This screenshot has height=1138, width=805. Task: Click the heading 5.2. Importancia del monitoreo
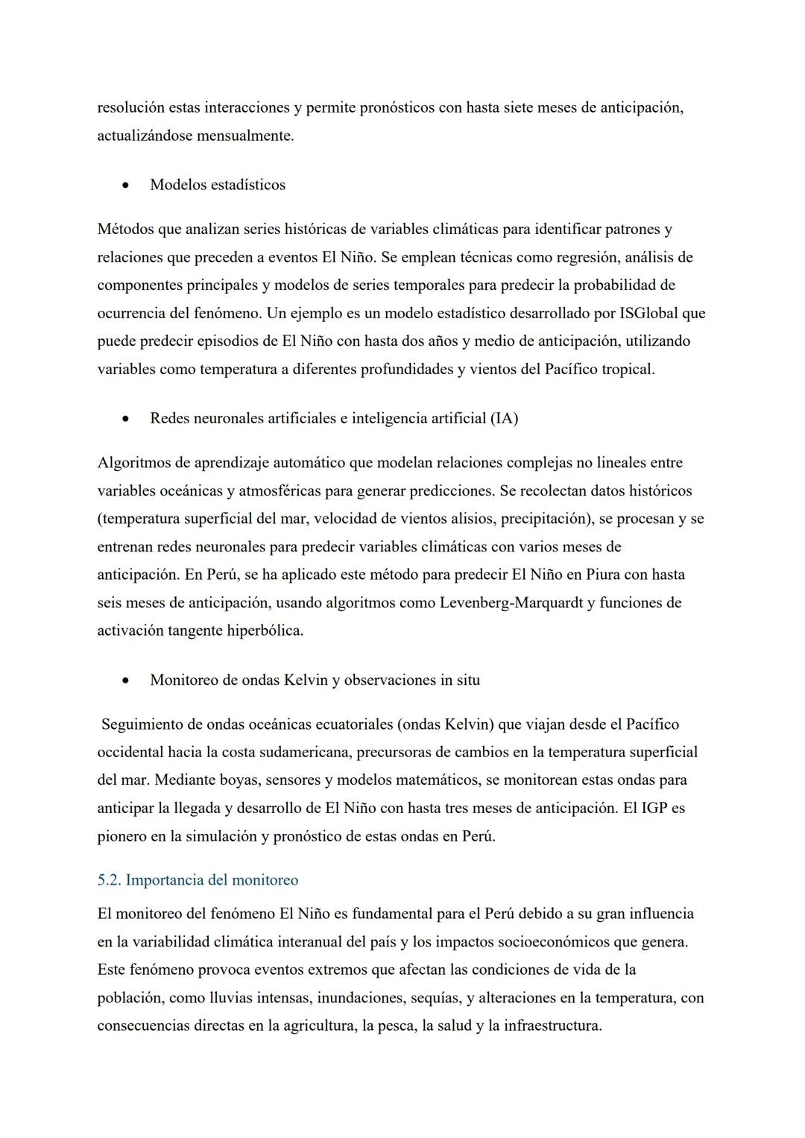pyautogui.click(x=198, y=880)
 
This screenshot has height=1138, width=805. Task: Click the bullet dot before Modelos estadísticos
pyautogui.click(x=127, y=185)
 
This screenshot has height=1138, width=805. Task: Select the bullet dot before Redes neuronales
pyautogui.click(x=127, y=418)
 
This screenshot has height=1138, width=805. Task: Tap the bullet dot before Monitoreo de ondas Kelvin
pyautogui.click(x=127, y=680)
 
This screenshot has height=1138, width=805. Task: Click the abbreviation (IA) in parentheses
pyautogui.click(x=504, y=418)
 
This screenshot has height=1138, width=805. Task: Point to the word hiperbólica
pyautogui.click(x=265, y=630)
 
